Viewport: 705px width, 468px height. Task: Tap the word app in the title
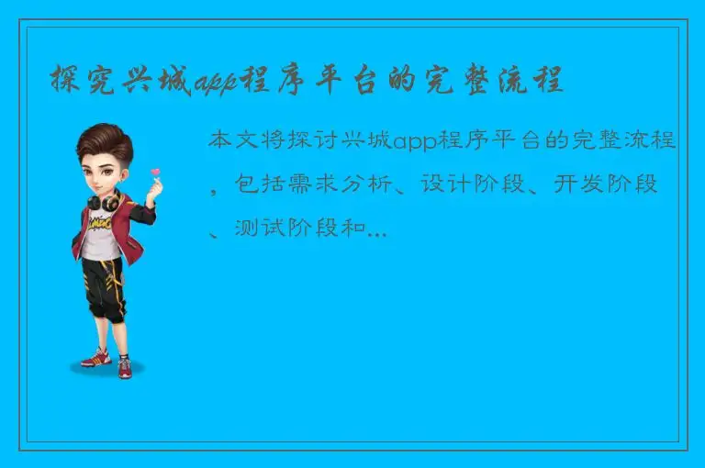pyautogui.click(x=214, y=83)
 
